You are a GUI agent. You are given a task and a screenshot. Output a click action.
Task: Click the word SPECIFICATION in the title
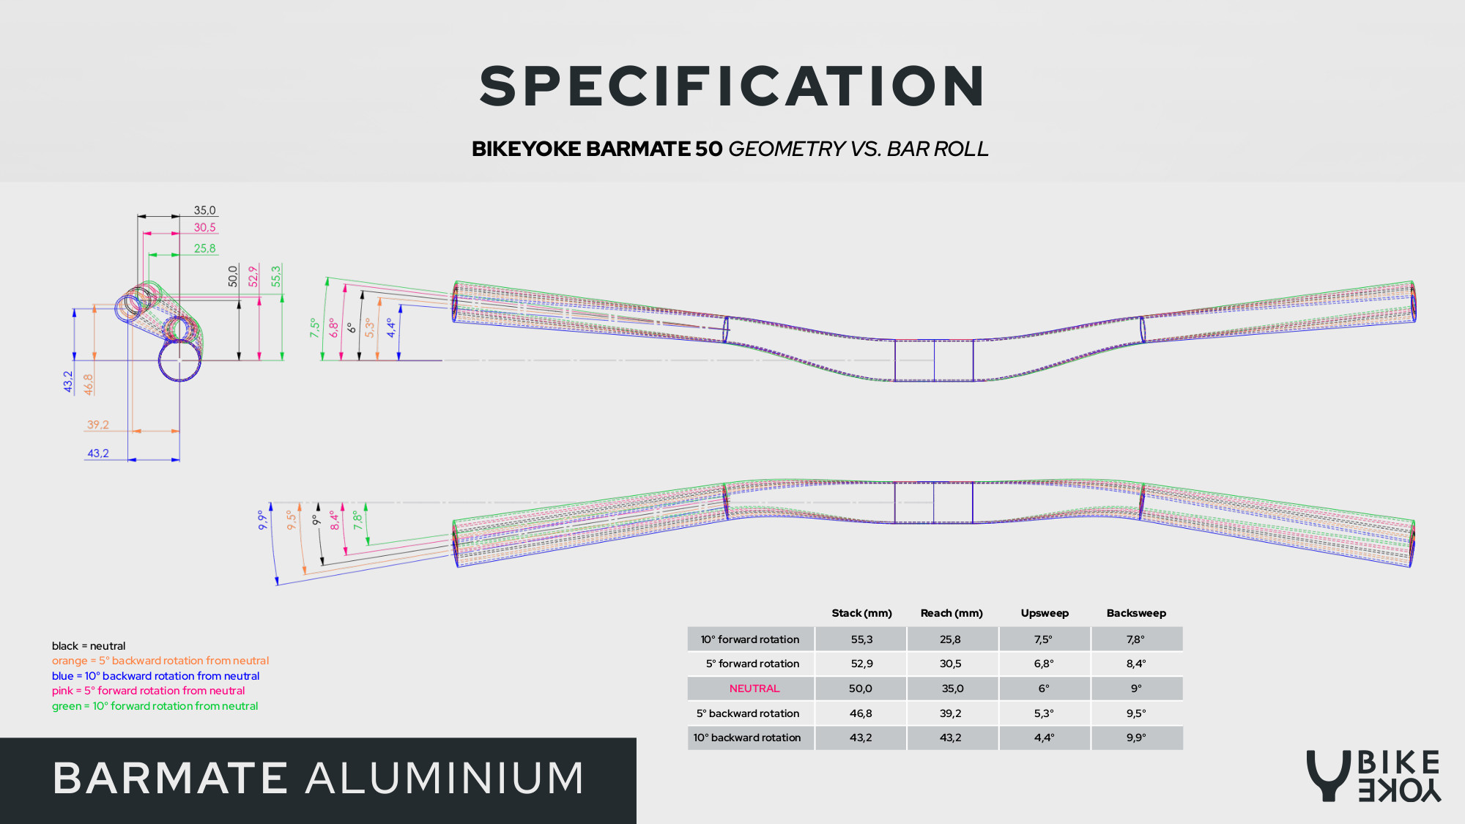[x=732, y=86]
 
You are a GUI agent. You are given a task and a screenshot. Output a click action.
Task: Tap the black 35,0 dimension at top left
[x=204, y=210]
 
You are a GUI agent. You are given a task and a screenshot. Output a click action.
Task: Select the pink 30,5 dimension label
[x=204, y=228]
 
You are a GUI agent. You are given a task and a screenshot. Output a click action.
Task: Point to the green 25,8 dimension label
[x=204, y=248]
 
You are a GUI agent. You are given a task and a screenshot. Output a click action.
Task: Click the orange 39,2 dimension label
[x=97, y=425]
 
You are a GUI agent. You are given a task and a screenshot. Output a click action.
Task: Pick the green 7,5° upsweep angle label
[x=315, y=327]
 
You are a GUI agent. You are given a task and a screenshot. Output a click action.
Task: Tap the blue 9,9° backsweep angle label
[x=262, y=520]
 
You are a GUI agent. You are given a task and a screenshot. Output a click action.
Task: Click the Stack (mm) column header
[x=861, y=613]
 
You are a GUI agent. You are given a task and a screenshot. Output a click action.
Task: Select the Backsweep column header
[x=1136, y=613]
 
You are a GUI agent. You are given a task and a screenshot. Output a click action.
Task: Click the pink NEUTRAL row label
[x=754, y=688]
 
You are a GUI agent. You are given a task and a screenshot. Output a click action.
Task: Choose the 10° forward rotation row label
[x=750, y=639]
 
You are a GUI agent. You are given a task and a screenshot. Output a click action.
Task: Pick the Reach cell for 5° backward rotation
[x=951, y=713]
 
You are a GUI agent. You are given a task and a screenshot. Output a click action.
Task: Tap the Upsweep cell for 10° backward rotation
[x=1044, y=738]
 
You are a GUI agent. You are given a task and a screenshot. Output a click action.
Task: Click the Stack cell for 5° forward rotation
[x=861, y=664]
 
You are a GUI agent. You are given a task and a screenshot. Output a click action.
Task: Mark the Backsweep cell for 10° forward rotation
[x=1135, y=639]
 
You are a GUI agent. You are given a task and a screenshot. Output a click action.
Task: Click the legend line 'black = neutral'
[x=89, y=646]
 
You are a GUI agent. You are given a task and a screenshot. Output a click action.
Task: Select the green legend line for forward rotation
[x=155, y=706]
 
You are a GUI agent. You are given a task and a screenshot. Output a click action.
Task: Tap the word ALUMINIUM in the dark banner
[x=445, y=778]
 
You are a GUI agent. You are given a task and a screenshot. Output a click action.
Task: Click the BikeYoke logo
[x=1373, y=776]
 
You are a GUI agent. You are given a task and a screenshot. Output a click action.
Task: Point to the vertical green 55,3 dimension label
[x=276, y=276]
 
